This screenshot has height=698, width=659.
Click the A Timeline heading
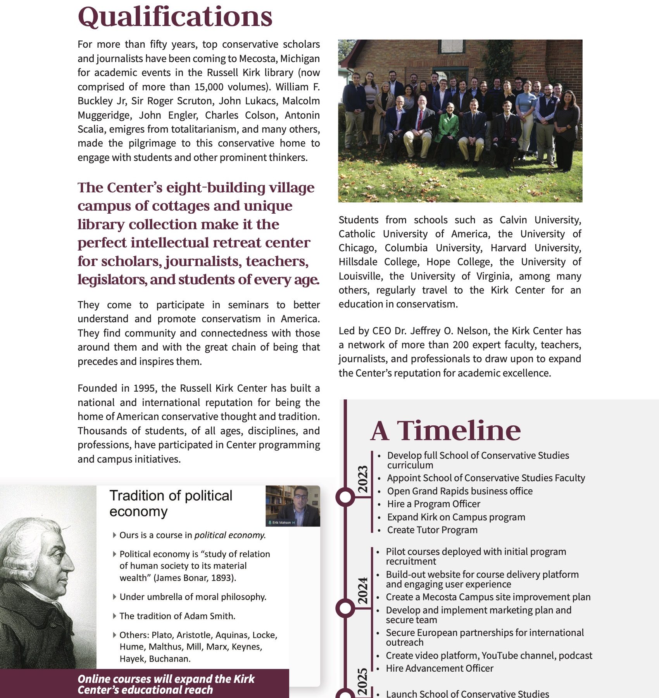(x=445, y=431)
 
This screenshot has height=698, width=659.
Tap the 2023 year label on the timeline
(x=363, y=479)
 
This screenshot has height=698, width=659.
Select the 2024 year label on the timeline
(x=363, y=591)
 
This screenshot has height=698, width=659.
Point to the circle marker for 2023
(x=345, y=497)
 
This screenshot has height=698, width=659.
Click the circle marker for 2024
(x=345, y=608)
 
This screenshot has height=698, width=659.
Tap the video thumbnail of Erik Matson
(x=293, y=506)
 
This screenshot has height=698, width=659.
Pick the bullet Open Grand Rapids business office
(x=460, y=491)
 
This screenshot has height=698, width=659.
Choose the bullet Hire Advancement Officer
(x=440, y=668)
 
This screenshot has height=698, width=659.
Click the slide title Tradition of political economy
(x=171, y=503)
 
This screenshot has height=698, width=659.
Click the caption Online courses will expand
(x=166, y=684)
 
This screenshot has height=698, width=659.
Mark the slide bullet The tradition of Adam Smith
(x=177, y=616)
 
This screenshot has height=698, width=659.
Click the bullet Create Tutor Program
(x=432, y=530)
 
